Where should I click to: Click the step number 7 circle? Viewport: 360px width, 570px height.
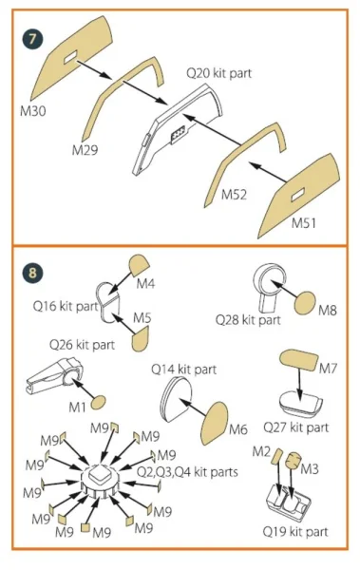[32, 39]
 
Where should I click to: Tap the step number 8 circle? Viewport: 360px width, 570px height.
[32, 273]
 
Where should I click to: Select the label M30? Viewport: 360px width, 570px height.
[33, 111]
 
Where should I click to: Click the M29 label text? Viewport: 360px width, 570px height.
[85, 150]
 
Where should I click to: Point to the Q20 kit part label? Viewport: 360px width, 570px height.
[218, 73]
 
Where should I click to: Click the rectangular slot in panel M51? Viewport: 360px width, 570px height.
[297, 195]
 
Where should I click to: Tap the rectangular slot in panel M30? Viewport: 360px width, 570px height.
[70, 57]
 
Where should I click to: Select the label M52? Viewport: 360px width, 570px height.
[235, 195]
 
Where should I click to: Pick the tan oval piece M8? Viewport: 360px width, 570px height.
[305, 303]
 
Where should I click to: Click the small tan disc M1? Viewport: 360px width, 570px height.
[98, 403]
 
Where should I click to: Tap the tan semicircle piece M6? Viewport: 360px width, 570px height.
[216, 423]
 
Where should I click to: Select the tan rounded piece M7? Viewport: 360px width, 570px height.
[298, 360]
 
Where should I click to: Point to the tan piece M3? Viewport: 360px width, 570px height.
[294, 460]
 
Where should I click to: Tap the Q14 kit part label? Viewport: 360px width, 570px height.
[183, 370]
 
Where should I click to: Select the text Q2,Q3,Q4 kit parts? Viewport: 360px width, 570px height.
[187, 472]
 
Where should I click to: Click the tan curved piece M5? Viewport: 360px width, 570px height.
[140, 339]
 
